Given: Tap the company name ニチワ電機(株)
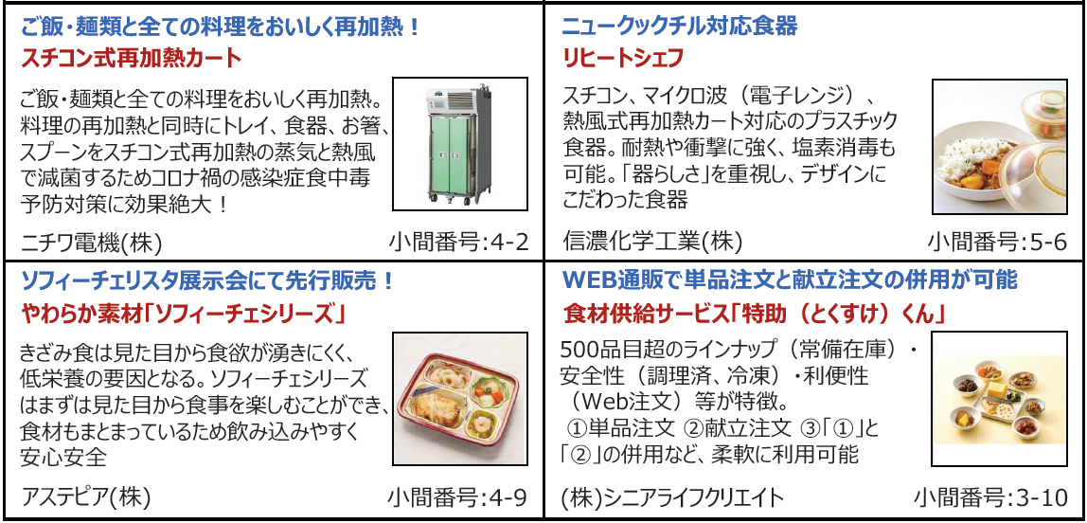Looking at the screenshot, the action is [x=91, y=243].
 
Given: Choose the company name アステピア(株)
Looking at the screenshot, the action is [x=85, y=497].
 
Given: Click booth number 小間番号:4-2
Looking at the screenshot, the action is [x=458, y=243].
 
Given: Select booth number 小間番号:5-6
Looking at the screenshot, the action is [x=997, y=243].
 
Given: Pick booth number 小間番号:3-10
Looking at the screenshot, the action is [x=990, y=497].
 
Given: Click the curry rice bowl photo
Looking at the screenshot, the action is [x=999, y=147].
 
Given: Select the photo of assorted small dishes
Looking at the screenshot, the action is [x=999, y=398].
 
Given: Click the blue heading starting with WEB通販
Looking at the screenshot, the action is [x=790, y=280].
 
